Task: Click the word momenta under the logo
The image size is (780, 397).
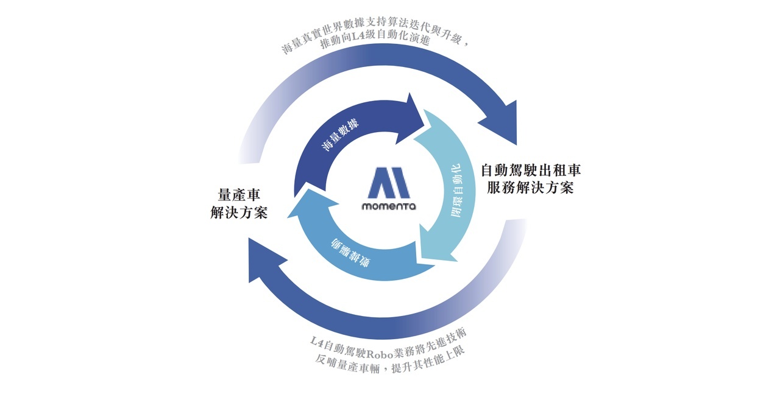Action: [x=389, y=206]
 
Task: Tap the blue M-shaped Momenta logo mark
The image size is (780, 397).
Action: [x=389, y=183]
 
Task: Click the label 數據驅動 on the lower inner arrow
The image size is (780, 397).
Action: [x=350, y=253]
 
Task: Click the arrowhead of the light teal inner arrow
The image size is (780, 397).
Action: [x=438, y=247]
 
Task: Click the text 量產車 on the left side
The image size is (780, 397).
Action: [x=239, y=195]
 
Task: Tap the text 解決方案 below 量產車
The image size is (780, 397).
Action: [x=239, y=213]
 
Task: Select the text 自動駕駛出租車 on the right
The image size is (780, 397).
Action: [x=531, y=170]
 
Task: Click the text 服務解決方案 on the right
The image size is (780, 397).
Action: [x=530, y=188]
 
